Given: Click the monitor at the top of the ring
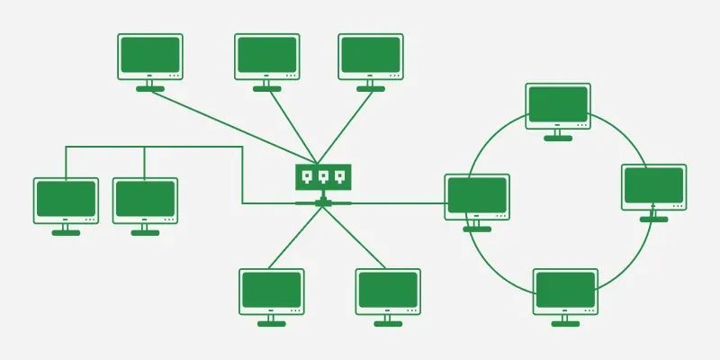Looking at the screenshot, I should click(558, 105).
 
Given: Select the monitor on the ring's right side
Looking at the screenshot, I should click(653, 186).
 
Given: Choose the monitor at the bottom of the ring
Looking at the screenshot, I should click(565, 290).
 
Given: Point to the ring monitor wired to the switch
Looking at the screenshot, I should click(477, 196).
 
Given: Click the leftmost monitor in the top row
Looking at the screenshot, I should click(150, 56).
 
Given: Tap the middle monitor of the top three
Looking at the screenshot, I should click(266, 56).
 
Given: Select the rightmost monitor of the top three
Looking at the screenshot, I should click(370, 56).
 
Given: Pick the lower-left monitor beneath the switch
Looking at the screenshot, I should click(271, 291).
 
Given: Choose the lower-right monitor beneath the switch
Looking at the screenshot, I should click(388, 291).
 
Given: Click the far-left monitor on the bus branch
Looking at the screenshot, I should click(66, 200).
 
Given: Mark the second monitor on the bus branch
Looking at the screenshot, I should click(145, 200).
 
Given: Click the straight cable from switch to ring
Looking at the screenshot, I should click(396, 202).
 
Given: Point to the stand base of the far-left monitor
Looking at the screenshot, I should click(66, 232).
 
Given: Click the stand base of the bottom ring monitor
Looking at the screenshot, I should click(565, 323).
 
